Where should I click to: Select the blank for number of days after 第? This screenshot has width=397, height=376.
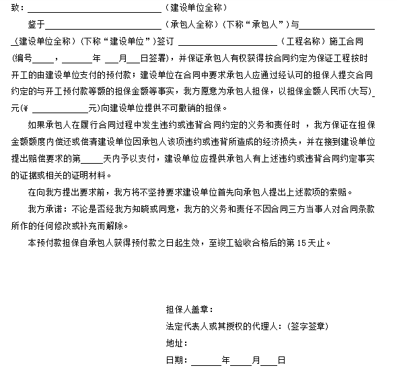[x=92, y=158]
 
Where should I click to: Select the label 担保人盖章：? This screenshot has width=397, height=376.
[x=189, y=310]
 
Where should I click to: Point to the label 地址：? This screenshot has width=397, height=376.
[x=176, y=343]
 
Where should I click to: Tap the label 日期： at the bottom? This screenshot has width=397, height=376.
[x=176, y=360]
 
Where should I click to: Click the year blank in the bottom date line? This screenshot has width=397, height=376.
[x=206, y=360]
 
